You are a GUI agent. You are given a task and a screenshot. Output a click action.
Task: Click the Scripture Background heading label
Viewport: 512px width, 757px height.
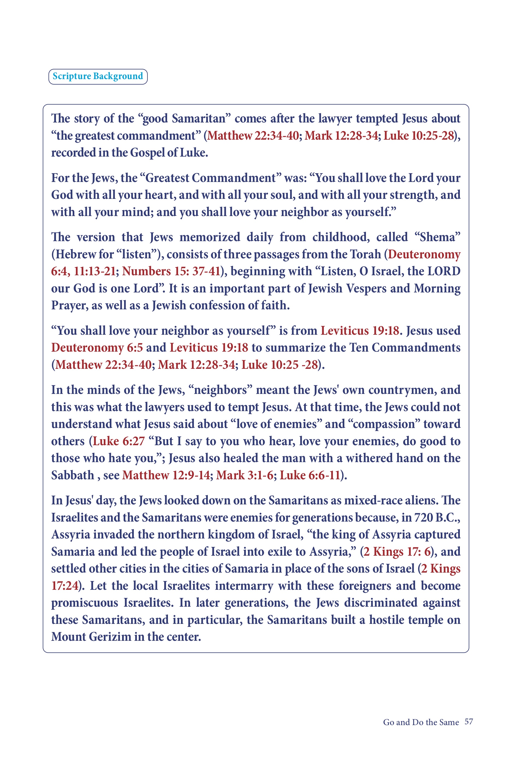click(97, 76)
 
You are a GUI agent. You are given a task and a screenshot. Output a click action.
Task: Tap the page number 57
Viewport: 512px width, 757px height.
click(469, 722)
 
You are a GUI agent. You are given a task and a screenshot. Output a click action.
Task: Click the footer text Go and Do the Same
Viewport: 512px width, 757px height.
click(421, 722)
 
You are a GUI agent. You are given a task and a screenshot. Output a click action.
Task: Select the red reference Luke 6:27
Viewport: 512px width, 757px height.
click(119, 441)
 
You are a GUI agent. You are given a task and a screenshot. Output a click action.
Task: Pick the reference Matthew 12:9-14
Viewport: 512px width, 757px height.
click(166, 475)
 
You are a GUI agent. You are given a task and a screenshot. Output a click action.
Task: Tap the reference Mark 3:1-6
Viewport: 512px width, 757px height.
click(244, 475)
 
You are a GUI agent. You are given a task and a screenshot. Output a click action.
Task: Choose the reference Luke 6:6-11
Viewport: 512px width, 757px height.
click(310, 475)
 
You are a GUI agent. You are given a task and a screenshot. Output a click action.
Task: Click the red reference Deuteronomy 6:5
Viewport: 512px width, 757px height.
click(97, 348)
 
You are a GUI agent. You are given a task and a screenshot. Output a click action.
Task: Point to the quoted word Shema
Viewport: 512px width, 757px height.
click(437, 237)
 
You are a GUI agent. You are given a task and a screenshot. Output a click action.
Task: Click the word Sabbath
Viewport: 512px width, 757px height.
click(72, 475)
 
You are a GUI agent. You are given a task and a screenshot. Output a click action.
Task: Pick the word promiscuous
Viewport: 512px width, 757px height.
click(84, 603)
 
